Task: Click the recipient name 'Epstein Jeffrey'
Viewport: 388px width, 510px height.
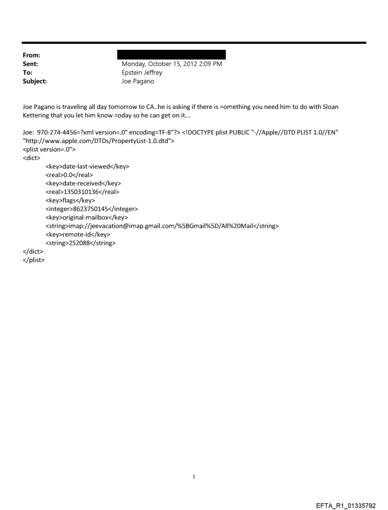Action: click(142, 73)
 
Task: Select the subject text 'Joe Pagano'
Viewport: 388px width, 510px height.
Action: click(137, 81)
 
